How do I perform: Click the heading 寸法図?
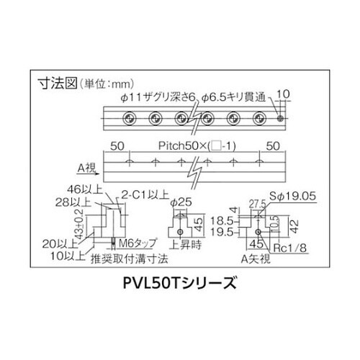58,84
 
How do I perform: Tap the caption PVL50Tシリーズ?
179,283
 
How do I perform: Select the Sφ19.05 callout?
292,197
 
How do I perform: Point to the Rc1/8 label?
290,248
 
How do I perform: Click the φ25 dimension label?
181,202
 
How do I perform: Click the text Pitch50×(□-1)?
197,146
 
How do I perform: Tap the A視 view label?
86,168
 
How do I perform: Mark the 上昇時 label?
185,245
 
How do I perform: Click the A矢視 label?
256,258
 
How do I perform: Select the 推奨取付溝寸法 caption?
129,259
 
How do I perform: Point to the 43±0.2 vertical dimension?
79,225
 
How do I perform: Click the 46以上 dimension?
85,189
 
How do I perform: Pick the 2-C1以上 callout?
145,194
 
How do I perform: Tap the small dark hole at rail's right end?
280,118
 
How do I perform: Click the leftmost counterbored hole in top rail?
129,118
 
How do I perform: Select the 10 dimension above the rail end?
283,94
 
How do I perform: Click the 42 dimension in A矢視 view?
294,226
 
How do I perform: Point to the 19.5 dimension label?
222,232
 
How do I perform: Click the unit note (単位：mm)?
106,84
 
